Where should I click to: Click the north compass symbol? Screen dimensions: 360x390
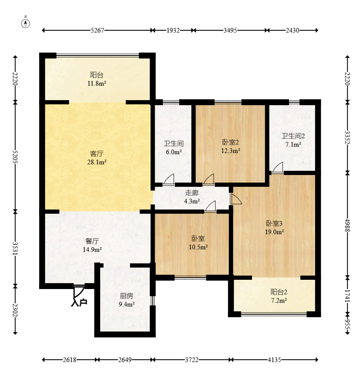(x=25, y=23)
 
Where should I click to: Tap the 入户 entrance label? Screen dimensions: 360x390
(x=79, y=302)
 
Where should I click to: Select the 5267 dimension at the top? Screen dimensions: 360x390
(x=97, y=30)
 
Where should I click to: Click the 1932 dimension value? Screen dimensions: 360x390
(x=173, y=30)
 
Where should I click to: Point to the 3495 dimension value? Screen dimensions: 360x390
(x=230, y=30)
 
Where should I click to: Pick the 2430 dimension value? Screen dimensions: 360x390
(x=292, y=30)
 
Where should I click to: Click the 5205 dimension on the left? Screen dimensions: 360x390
(x=15, y=157)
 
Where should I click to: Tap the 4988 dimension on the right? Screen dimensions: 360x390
(x=347, y=225)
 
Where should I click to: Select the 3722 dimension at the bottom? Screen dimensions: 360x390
(x=192, y=360)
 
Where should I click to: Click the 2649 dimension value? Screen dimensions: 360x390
(x=125, y=360)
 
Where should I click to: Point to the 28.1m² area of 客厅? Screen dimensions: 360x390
(x=97, y=162)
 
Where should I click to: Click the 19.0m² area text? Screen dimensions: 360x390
(x=274, y=232)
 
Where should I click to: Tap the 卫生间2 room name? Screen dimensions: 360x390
(x=293, y=136)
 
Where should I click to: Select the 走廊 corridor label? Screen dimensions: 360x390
(x=192, y=193)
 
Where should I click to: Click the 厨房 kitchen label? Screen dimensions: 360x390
(x=127, y=296)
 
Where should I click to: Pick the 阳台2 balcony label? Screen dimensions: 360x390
(x=279, y=292)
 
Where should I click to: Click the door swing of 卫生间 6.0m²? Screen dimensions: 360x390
(x=169, y=179)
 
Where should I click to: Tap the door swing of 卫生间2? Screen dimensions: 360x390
(x=278, y=167)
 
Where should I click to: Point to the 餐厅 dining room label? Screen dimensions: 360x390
(x=92, y=241)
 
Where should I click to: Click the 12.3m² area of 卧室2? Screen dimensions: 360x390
(x=231, y=151)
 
